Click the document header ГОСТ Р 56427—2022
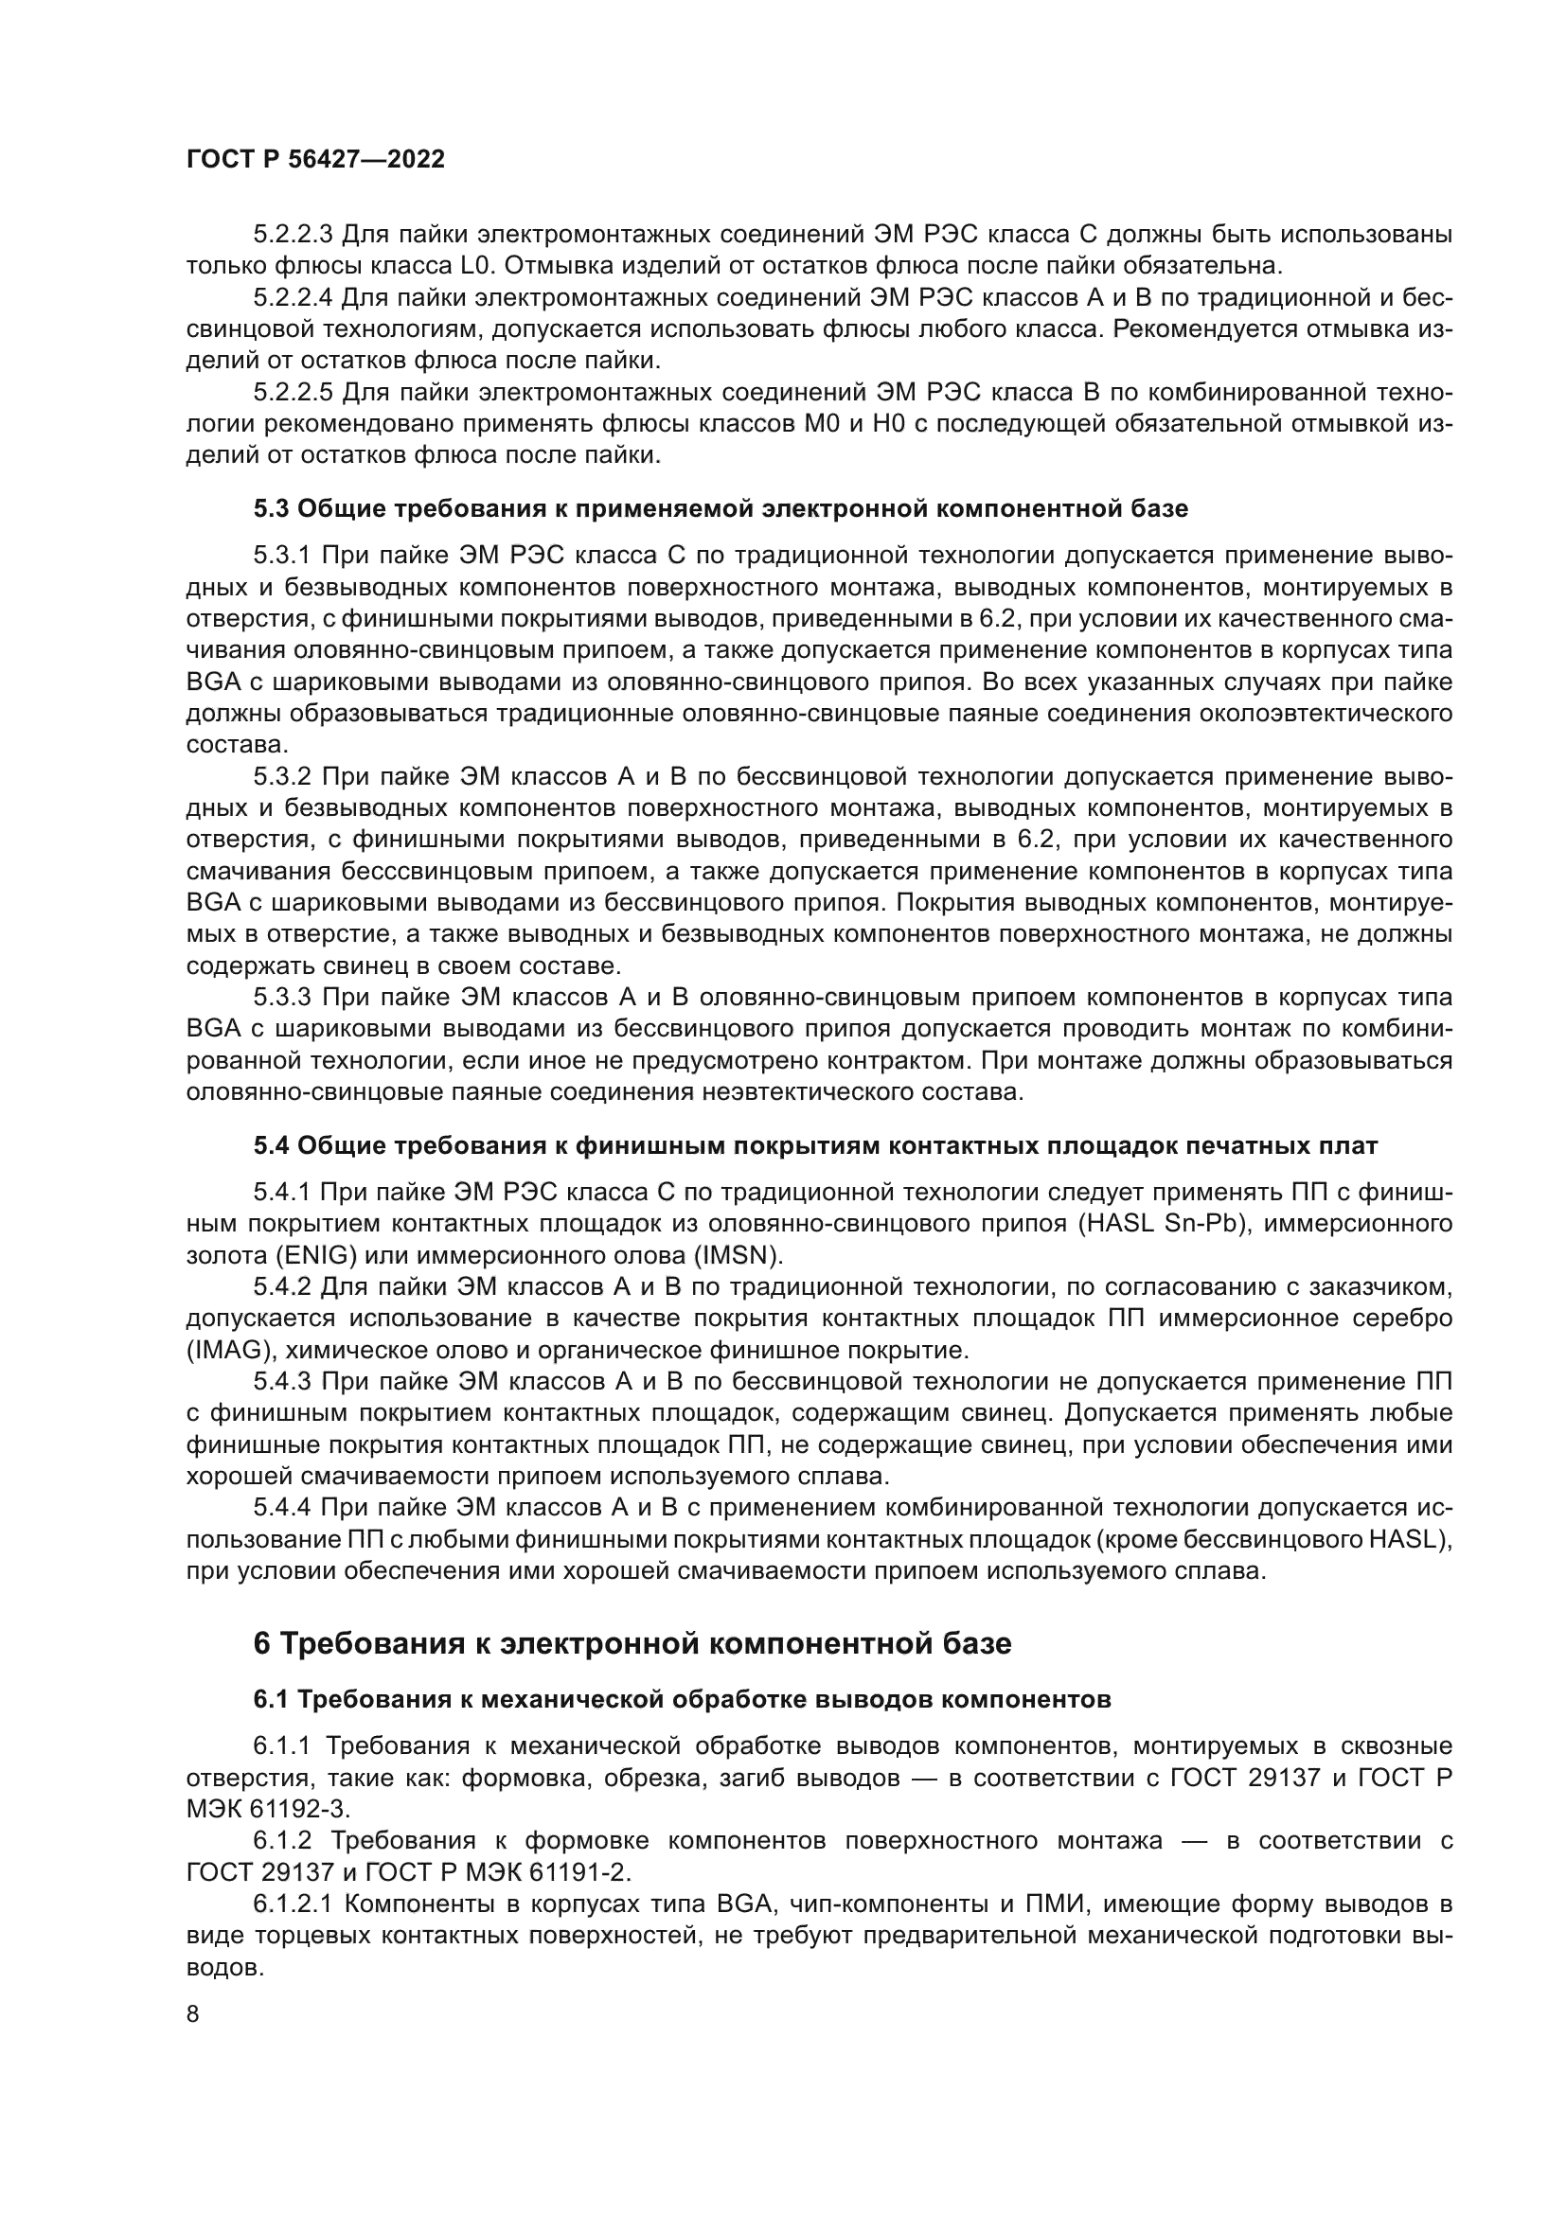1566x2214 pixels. [x=315, y=160]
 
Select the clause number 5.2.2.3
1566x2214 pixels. [x=294, y=235]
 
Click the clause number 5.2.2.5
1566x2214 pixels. [x=294, y=393]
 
